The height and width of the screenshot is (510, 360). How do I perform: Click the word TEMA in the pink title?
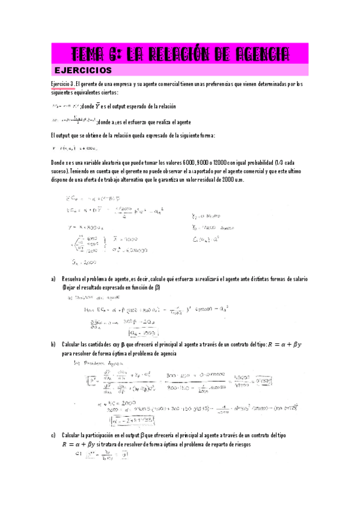click(89, 54)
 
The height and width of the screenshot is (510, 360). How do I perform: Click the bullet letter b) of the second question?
click(53, 345)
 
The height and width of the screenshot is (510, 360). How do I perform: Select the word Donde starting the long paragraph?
click(60, 163)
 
